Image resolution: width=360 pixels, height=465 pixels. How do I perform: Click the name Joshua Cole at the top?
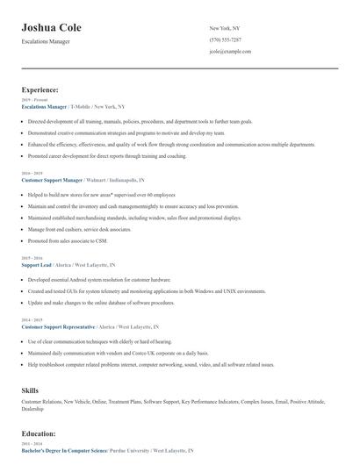pos(59,26)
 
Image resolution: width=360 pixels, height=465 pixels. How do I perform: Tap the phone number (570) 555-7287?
pos(227,39)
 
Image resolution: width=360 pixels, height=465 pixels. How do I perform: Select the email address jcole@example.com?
pos(230,52)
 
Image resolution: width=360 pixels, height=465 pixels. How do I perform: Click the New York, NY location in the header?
pos(225,28)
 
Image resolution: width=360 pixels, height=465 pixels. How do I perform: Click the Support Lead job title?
pos(36,264)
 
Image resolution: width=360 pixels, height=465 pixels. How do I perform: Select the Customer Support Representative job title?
pos(57,325)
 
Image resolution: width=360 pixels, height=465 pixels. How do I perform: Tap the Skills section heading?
pos(30,389)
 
